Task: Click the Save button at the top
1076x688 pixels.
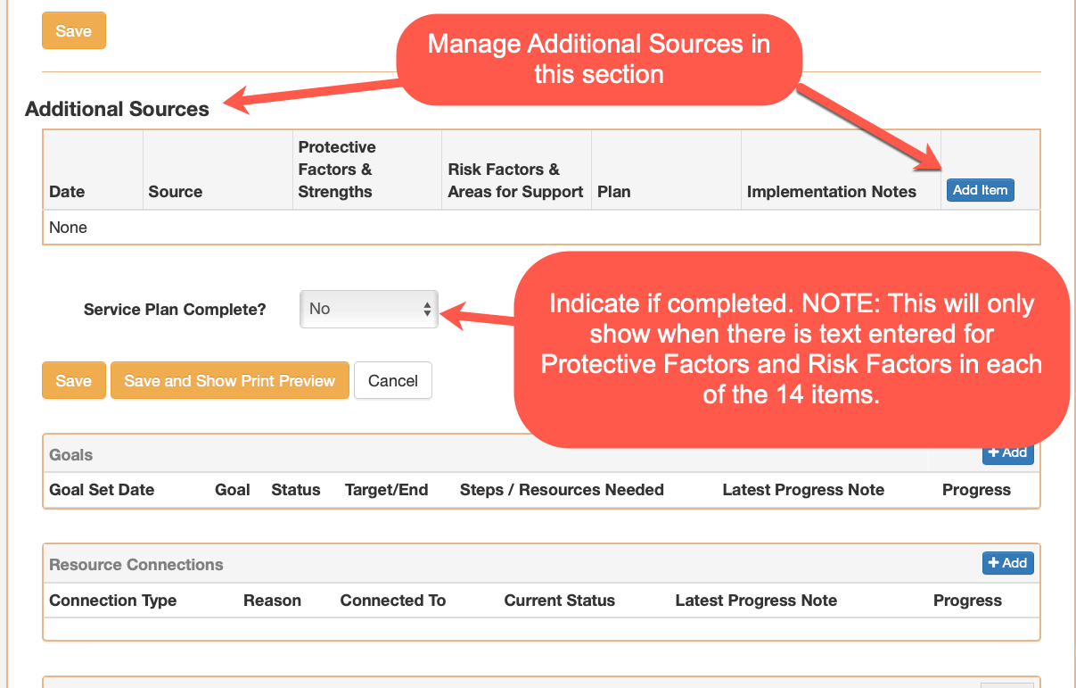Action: [x=73, y=30]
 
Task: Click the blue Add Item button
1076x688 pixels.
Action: [x=980, y=190]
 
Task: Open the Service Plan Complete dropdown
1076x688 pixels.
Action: [x=368, y=309]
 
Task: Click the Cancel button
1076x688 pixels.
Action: [x=393, y=380]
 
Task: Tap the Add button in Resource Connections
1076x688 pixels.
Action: [x=1007, y=562]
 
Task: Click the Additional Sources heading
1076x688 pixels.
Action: [x=117, y=109]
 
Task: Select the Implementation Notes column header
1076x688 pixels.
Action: [x=832, y=191]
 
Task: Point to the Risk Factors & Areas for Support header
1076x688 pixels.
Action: [x=515, y=180]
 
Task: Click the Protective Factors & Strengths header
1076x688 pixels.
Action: [x=337, y=170]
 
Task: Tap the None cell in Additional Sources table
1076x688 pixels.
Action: [x=69, y=227]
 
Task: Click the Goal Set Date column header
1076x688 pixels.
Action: [x=102, y=489]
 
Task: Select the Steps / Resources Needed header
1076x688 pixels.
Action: [x=562, y=489]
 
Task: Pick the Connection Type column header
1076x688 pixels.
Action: [x=113, y=600]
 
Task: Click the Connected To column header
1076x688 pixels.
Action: [x=393, y=600]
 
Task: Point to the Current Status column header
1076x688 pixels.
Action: [x=560, y=600]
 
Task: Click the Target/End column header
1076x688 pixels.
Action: [x=387, y=489]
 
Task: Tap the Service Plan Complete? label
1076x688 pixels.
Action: [x=175, y=309]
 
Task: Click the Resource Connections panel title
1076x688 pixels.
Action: [x=136, y=564]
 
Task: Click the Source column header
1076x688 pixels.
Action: [x=176, y=191]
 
